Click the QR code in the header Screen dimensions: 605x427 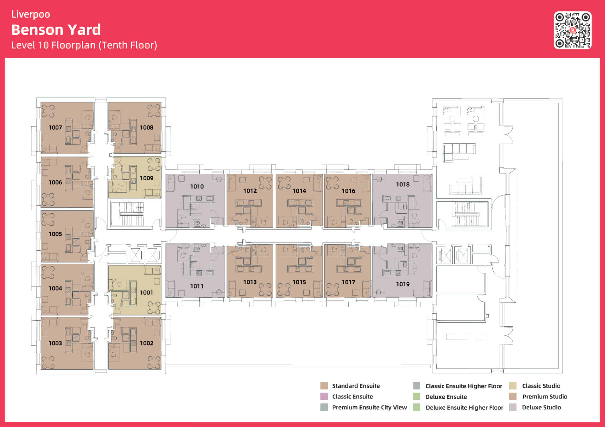click(572, 30)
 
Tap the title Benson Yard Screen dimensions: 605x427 click(56, 30)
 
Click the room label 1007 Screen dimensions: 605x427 click(55, 128)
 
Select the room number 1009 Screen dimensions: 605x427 click(147, 178)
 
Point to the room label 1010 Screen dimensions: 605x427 click(197, 186)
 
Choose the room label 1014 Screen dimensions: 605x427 click(299, 191)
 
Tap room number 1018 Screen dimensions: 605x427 click(403, 184)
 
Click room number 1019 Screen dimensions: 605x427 click(403, 284)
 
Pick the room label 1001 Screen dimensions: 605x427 click(146, 293)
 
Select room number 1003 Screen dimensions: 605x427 click(55, 343)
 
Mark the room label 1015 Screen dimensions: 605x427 click(299, 282)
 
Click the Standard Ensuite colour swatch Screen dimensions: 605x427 click(324, 386)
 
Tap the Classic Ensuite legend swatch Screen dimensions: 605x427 click(324, 396)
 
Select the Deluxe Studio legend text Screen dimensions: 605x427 click(541, 407)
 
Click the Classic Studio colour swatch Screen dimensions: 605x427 click(513, 386)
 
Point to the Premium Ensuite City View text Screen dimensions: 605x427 click(370, 407)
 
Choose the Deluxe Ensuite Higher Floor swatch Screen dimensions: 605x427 click(417, 407)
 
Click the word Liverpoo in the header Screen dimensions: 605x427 click(31, 14)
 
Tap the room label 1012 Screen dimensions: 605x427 click(250, 191)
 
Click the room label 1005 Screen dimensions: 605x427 click(55, 234)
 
